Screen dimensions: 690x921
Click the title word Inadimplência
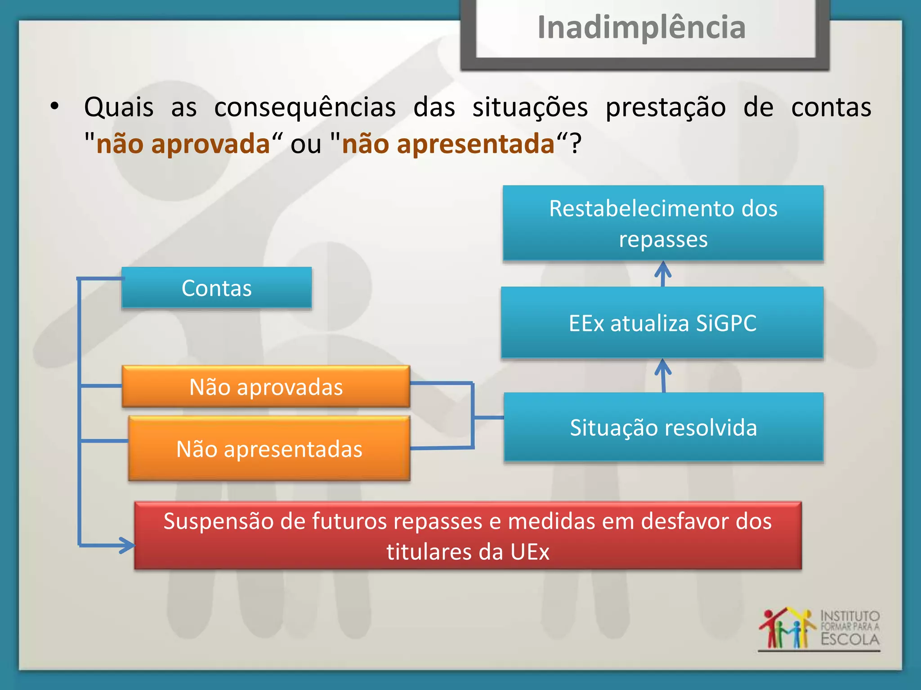(x=641, y=28)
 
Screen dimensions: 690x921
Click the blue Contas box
(x=216, y=288)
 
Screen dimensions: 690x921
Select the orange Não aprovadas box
(x=266, y=387)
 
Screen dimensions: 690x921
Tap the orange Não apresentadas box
(x=269, y=449)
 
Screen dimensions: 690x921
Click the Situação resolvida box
(x=663, y=427)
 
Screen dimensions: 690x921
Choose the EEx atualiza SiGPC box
(x=662, y=323)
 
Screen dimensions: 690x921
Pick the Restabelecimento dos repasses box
(x=663, y=223)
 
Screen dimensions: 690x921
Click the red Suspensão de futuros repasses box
(x=468, y=535)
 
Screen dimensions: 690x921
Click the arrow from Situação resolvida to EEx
(x=663, y=375)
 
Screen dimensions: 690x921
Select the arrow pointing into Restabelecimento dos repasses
(x=663, y=273)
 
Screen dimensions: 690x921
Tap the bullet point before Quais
(x=54, y=106)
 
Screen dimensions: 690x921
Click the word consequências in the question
(x=305, y=107)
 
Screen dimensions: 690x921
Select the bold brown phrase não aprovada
(x=183, y=144)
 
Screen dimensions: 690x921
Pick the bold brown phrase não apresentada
(x=448, y=144)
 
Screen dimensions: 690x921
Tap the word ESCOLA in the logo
(x=849, y=639)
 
